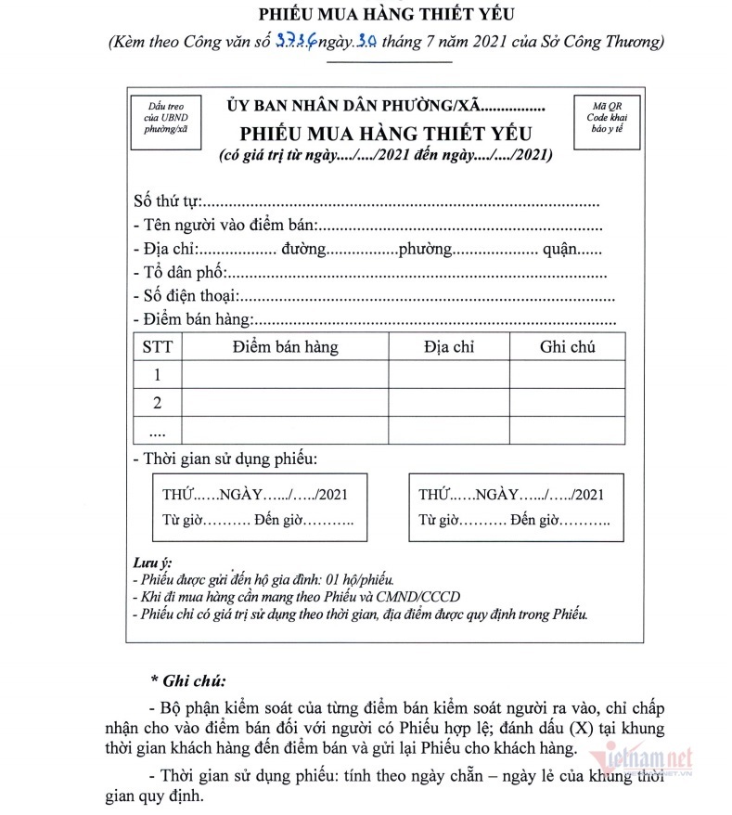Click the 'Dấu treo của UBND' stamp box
pyautogui.click(x=160, y=118)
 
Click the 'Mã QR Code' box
pyautogui.click(x=600, y=118)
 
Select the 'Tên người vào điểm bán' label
pyautogui.click(x=225, y=225)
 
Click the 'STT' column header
pyautogui.click(x=157, y=348)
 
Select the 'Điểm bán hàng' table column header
pyautogui.click(x=285, y=348)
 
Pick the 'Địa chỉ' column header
pyautogui.click(x=449, y=348)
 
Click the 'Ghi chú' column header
pyautogui.click(x=567, y=348)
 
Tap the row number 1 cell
pyautogui.click(x=157, y=375)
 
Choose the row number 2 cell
pyautogui.click(x=157, y=403)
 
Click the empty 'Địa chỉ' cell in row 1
pyautogui.click(x=449, y=375)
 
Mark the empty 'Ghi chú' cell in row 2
pyautogui.click(x=567, y=403)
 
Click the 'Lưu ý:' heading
pyautogui.click(x=152, y=563)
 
